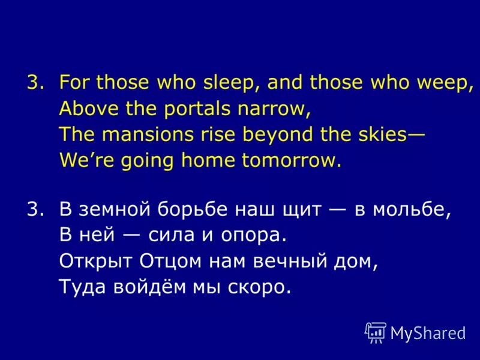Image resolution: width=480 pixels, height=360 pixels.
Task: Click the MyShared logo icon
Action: [375, 332]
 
